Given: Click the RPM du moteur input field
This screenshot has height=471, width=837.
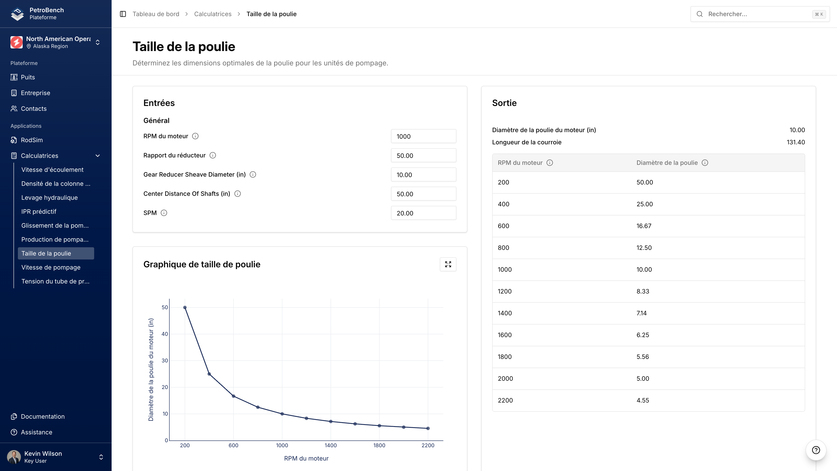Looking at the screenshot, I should click(423, 136).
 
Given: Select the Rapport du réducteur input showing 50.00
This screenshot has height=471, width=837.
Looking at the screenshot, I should click(423, 155).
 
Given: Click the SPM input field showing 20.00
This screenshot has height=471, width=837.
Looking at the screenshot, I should click(423, 213).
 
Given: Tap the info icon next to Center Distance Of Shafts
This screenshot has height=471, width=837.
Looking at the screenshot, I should click(238, 194).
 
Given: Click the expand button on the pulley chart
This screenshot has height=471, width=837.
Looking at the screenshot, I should click(448, 264).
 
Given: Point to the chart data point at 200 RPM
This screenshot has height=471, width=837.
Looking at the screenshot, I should click(185, 307).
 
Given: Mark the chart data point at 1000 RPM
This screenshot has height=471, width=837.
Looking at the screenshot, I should click(282, 414).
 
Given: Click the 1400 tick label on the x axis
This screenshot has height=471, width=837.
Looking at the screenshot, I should click(330, 445).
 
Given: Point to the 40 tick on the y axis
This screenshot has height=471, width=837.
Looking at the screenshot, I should click(165, 334).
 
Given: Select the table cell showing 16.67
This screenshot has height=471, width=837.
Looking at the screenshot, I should click(644, 226).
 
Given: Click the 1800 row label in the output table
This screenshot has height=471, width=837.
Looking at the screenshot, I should click(505, 357).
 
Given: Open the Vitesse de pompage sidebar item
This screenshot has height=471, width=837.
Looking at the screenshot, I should click(51, 267).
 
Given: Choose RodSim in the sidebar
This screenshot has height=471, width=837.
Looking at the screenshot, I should click(32, 140).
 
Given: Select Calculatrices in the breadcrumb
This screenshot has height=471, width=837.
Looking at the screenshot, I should click(213, 14).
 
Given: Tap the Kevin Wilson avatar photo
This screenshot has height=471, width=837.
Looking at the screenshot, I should click(14, 457).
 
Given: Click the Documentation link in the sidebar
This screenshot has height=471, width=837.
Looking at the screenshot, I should click(43, 416).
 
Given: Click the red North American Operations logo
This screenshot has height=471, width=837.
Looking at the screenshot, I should click(17, 42).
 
